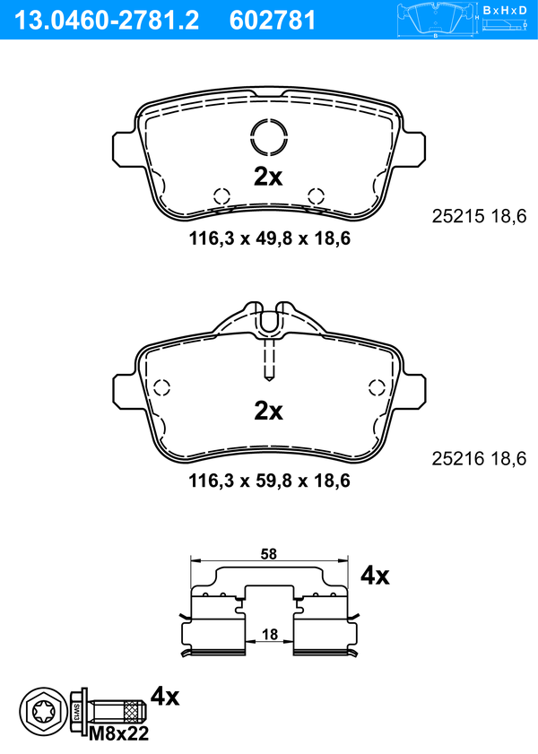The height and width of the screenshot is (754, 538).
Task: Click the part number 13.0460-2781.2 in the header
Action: coord(107,21)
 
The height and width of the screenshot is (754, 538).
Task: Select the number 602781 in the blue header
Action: coord(273,21)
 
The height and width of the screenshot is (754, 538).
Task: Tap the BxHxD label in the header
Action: coord(505,10)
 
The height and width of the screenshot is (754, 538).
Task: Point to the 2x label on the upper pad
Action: coord(268,177)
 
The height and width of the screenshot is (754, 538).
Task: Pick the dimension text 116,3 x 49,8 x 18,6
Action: coord(270,238)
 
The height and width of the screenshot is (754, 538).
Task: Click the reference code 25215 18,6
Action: coord(479,216)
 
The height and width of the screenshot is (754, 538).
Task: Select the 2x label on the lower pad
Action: coord(268,411)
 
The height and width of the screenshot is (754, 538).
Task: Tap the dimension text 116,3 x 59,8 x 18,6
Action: coord(270,481)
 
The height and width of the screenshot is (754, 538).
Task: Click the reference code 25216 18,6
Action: coord(479,459)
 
